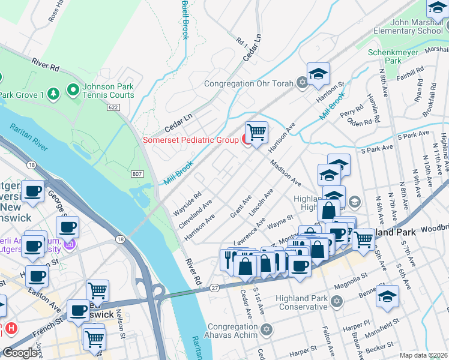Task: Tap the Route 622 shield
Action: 113,107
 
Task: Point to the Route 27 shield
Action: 214,288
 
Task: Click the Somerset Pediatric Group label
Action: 191,140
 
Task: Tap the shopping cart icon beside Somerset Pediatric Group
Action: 256,131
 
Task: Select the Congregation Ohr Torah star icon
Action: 302,83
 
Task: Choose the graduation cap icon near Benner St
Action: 387,296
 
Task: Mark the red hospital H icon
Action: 10,328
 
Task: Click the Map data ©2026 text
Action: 423,355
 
